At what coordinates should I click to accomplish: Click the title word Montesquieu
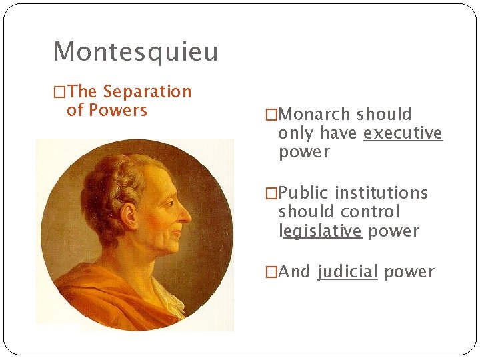click(135, 51)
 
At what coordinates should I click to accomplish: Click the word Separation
click(147, 91)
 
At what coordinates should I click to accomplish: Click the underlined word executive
click(403, 133)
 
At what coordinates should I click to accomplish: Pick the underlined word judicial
click(348, 271)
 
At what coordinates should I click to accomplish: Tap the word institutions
click(381, 193)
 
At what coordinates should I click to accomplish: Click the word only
click(296, 133)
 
